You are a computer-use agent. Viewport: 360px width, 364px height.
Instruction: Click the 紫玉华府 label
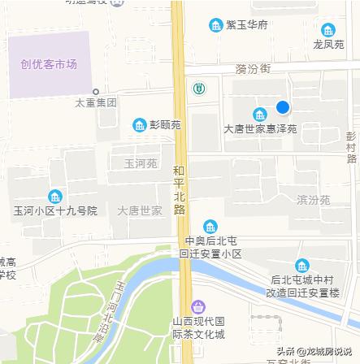click(x=247, y=25)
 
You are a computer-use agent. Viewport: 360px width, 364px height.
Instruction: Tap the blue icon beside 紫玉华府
click(x=215, y=25)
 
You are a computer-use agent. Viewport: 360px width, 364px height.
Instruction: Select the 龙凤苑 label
click(x=328, y=43)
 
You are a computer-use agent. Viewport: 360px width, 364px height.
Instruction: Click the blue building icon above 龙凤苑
click(x=328, y=30)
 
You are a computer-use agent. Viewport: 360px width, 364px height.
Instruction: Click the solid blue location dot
click(x=282, y=107)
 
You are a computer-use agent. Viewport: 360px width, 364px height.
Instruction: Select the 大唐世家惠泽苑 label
click(x=260, y=128)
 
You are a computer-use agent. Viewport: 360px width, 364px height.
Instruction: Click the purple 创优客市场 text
click(x=49, y=63)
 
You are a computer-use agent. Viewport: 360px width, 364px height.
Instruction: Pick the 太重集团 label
click(x=95, y=103)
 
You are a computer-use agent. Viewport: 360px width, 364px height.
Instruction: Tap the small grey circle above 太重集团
click(x=96, y=92)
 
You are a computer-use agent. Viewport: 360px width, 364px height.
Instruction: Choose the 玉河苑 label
click(x=140, y=164)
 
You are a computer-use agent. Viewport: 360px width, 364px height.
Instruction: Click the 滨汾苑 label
click(x=313, y=199)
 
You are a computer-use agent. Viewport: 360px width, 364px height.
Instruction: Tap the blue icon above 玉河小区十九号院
click(x=54, y=197)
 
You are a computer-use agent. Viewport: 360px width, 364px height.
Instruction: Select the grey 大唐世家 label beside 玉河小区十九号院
click(x=139, y=210)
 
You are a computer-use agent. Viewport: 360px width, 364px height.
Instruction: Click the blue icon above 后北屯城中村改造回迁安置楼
click(x=302, y=266)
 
